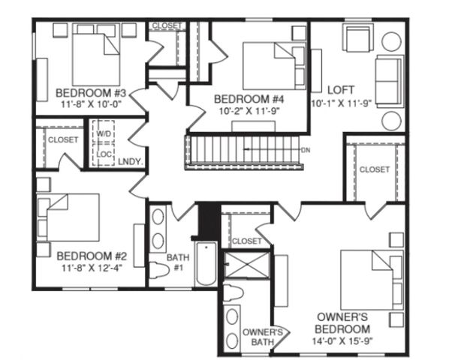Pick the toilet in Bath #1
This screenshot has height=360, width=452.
pyautogui.click(x=158, y=270)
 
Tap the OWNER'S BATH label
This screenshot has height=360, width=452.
pyautogui.click(x=262, y=337)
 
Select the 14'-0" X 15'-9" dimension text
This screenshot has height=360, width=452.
pyautogui.click(x=341, y=343)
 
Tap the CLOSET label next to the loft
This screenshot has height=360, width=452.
pyautogui.click(x=375, y=170)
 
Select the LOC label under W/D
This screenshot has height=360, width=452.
pyautogui.click(x=104, y=154)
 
